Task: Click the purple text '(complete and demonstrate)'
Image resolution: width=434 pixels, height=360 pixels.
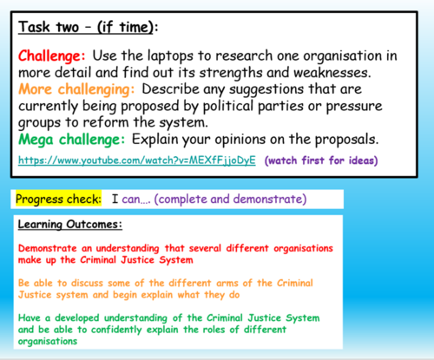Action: (246, 200)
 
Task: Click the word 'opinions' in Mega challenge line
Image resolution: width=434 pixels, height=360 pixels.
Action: (232, 139)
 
